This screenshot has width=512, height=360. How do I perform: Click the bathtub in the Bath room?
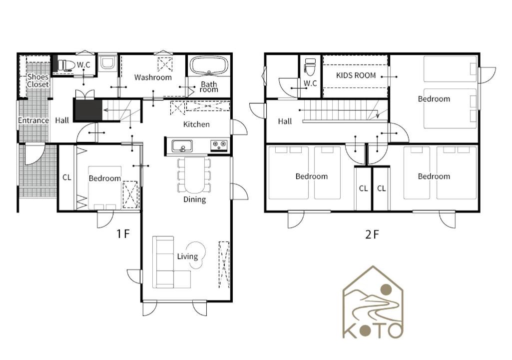point(209,65)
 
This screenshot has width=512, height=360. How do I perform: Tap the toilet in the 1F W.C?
point(64,65)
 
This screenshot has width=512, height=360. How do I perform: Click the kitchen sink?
point(182,146)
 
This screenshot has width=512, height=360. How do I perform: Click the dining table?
point(194,175)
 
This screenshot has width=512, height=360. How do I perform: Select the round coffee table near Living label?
point(196,255)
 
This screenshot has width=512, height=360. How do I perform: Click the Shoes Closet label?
point(38,80)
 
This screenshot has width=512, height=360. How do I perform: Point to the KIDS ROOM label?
point(356,75)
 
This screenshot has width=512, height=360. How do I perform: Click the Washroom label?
point(153,77)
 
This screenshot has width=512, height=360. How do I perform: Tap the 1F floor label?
point(123,234)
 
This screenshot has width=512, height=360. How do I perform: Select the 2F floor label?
point(372,234)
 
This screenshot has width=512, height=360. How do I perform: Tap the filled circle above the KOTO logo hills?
point(386,289)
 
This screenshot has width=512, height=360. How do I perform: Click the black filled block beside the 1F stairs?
point(88,110)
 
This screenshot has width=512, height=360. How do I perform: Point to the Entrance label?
point(33,120)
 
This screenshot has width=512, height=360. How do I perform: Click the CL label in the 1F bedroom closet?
point(66,177)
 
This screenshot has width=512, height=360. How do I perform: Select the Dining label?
point(195,199)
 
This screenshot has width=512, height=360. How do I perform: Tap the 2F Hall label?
point(285,121)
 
